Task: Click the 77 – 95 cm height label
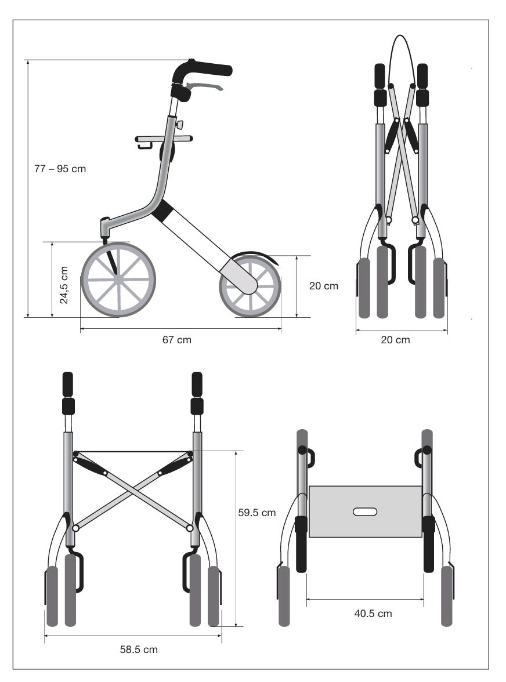tap(60, 169)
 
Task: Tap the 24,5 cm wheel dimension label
tap(64, 285)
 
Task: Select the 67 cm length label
tap(176, 340)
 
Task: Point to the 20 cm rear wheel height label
tap(324, 285)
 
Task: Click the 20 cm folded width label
tap(395, 340)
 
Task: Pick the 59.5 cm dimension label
tap(257, 513)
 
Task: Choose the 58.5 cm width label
tap(139, 650)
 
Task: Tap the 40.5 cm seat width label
tap(373, 614)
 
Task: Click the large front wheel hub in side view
tap(118, 280)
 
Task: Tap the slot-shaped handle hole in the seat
tap(365, 512)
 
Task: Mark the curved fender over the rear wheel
tap(255, 255)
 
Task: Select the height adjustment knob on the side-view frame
tap(179, 125)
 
